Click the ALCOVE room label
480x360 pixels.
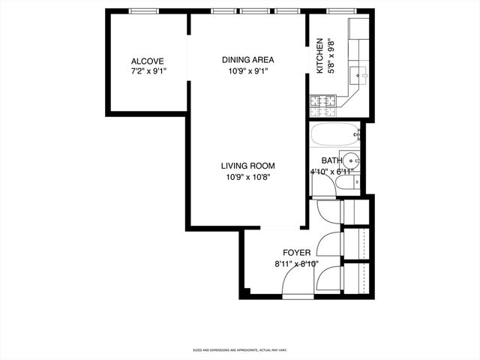pyautogui.click(x=147, y=61)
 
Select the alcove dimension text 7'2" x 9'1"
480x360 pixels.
pyautogui.click(x=147, y=71)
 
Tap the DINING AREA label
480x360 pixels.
pyautogui.click(x=247, y=60)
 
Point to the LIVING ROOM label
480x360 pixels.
pyautogui.click(x=247, y=166)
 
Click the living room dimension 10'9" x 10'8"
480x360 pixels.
pyautogui.click(x=247, y=177)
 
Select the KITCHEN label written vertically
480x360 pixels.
pyautogui.click(x=319, y=56)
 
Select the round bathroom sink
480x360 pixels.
pyautogui.click(x=354, y=160)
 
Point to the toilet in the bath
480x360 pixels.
pyautogui.click(x=357, y=181)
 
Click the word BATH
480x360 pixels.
pyautogui.click(x=331, y=160)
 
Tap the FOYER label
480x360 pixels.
pyautogui.click(x=296, y=253)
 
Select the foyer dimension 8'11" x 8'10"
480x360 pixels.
pyautogui.click(x=296, y=263)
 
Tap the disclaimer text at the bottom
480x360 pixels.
pyautogui.click(x=240, y=349)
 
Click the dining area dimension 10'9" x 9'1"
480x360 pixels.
pyautogui.click(x=247, y=71)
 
